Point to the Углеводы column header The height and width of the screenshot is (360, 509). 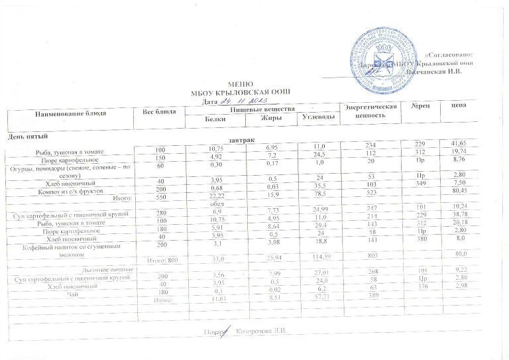(315, 118)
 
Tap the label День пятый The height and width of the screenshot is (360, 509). (27, 137)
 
